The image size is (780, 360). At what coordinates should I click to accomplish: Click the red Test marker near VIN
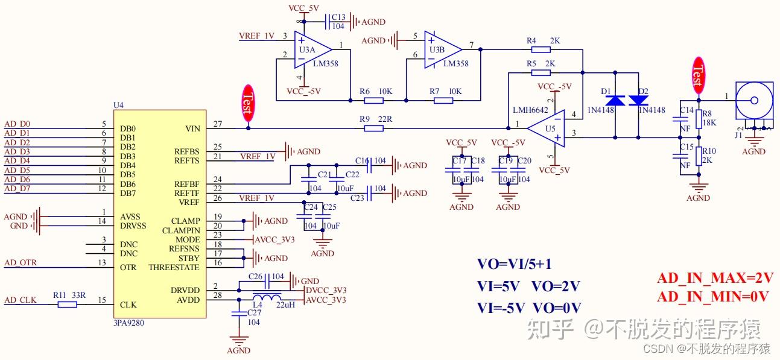coord(247,104)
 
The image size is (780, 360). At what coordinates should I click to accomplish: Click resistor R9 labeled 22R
coord(373,128)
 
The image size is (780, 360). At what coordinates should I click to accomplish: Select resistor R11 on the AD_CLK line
coord(67,305)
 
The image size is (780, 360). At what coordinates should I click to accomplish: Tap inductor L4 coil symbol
coord(267,298)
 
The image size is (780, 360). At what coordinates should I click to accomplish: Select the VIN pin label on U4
coord(194,128)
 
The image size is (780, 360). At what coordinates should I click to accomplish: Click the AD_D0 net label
coord(17,124)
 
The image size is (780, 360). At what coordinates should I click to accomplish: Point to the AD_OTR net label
coord(21,262)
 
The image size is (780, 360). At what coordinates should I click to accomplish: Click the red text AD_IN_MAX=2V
coord(715,278)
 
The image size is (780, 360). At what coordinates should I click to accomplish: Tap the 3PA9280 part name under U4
coord(128,323)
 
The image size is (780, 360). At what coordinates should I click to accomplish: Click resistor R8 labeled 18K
coord(699,119)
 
